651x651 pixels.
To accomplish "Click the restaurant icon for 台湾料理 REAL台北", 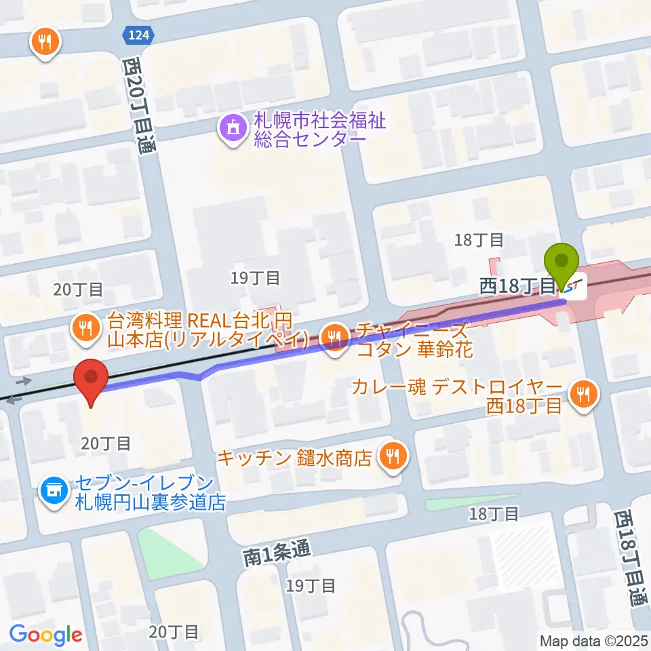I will pyautogui.click(x=85, y=329).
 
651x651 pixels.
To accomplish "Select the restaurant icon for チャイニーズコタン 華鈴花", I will pyautogui.click(x=334, y=334).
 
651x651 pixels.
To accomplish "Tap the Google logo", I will pyautogui.click(x=45, y=635).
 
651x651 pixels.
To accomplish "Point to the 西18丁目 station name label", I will pyautogui.click(x=518, y=287).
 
